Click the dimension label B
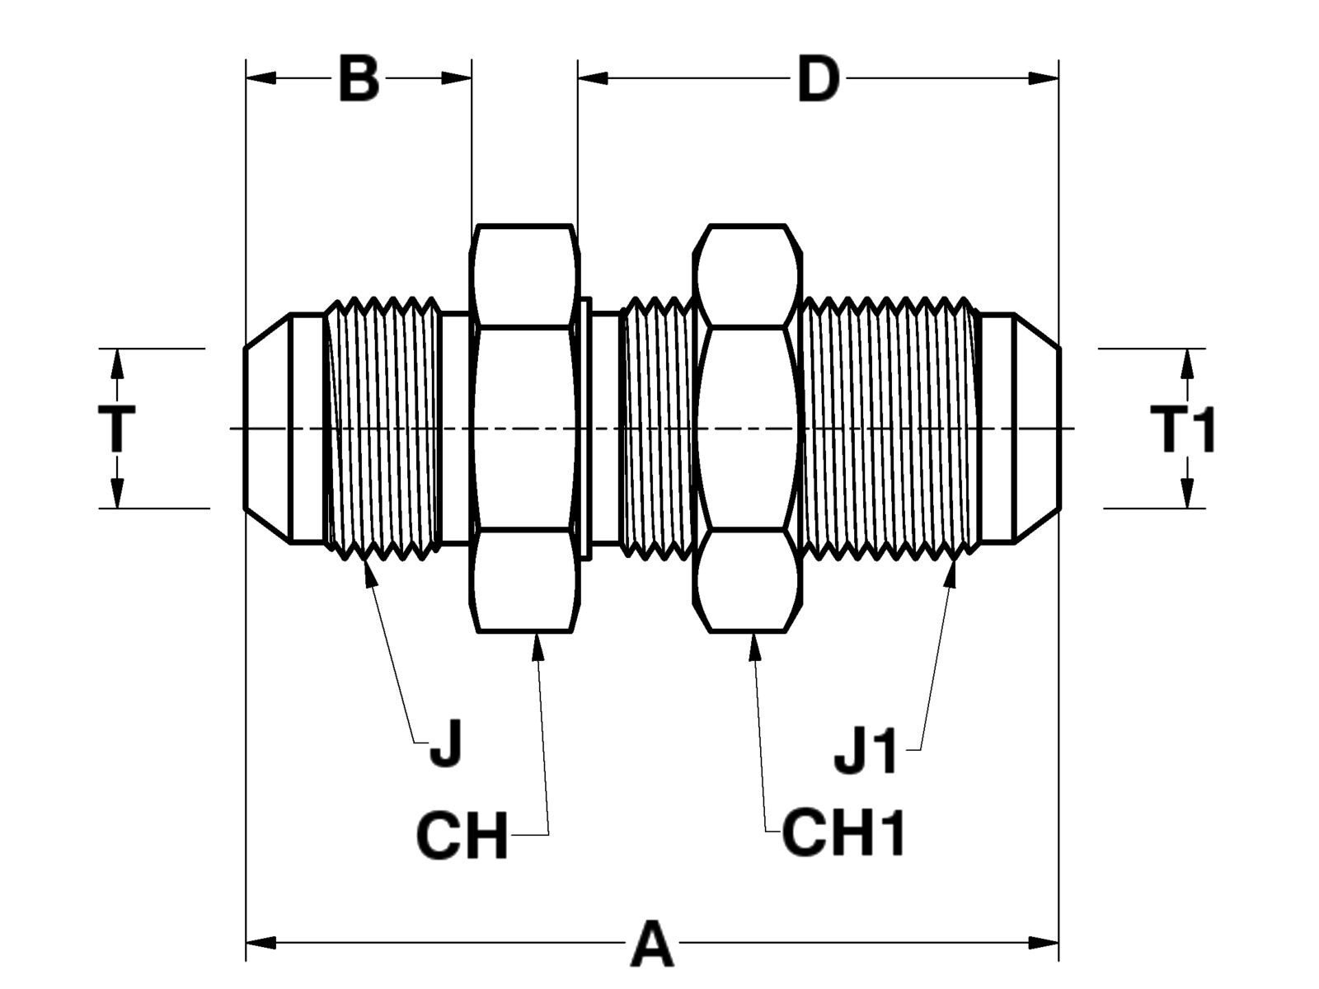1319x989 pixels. pos(359,79)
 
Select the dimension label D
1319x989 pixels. pos(818,80)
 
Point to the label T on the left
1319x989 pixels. pos(116,429)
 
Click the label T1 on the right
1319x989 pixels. pos(1183,429)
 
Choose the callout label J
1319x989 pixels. pos(446,743)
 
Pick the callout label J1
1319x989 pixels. pos(865,751)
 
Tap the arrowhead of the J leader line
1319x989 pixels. pos(368,570)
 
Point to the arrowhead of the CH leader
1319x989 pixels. pos(538,645)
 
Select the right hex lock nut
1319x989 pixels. pos(748,429)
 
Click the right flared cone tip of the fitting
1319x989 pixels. pos(1037,429)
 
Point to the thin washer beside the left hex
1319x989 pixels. pos(585,429)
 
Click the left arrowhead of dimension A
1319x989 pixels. pos(261,942)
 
